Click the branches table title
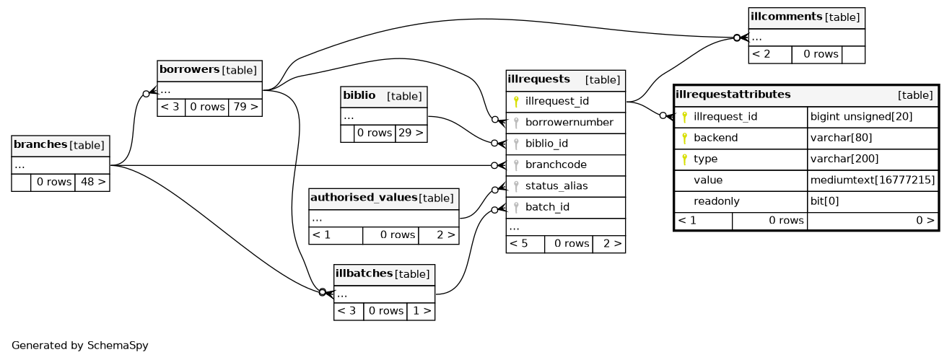(x=40, y=145)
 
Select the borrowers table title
(x=189, y=70)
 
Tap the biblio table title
(x=359, y=96)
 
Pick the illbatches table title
(x=364, y=273)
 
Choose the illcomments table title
(x=786, y=17)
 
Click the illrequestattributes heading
(x=733, y=95)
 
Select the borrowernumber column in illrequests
(x=569, y=123)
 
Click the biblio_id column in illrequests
(x=546, y=144)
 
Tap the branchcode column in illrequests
(x=556, y=164)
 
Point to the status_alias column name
(x=556, y=186)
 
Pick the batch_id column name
(x=547, y=207)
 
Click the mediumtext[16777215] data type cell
(x=873, y=180)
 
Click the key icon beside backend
(x=684, y=138)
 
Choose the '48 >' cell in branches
(x=92, y=183)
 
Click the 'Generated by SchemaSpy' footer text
(x=80, y=346)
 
